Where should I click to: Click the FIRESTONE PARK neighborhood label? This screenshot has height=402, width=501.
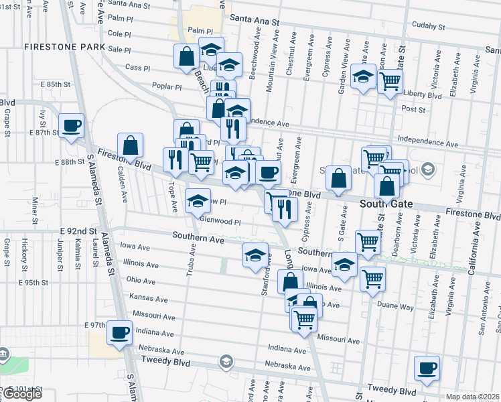tap(64, 47)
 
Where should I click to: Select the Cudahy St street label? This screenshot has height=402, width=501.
tap(428, 27)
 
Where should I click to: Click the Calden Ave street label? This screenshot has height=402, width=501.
tap(123, 184)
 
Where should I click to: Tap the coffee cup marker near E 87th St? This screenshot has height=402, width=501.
tap(71, 125)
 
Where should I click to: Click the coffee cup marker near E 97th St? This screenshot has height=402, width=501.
tap(120, 332)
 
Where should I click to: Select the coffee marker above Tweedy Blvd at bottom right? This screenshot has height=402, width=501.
tap(427, 368)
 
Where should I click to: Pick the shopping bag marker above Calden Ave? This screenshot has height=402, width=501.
tap(130, 145)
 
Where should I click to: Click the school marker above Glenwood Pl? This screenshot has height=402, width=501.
tap(198, 201)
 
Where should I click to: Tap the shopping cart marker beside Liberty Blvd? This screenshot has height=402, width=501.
tap(389, 82)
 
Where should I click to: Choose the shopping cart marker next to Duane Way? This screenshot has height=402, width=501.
tap(372, 278)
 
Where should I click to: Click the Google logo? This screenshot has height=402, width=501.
tap(22, 394)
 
